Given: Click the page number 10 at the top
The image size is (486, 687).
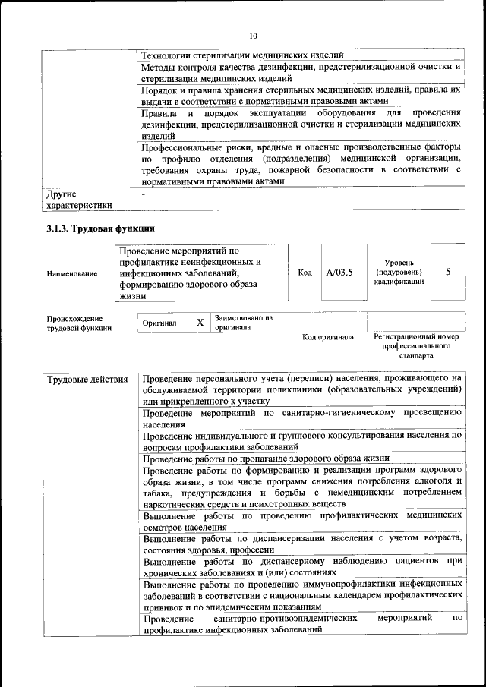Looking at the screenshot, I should (x=254, y=35).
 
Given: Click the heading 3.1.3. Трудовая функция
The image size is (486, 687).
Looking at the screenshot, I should (x=101, y=228).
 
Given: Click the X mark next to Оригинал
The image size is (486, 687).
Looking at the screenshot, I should (x=200, y=323).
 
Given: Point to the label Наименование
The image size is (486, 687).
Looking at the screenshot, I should (x=71, y=273).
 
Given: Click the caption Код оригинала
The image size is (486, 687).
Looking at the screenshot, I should (x=328, y=337).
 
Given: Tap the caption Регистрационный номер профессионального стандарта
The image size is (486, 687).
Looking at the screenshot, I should (x=416, y=345).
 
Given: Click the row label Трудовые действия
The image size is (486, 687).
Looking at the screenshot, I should (x=87, y=379).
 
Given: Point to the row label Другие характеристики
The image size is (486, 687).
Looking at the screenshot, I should (x=79, y=199).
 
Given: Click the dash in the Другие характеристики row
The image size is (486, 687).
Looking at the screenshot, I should (x=143, y=194).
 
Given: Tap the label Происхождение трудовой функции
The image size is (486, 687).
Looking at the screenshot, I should (x=76, y=323).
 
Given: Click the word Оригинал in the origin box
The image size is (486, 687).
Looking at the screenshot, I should (x=159, y=323).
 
